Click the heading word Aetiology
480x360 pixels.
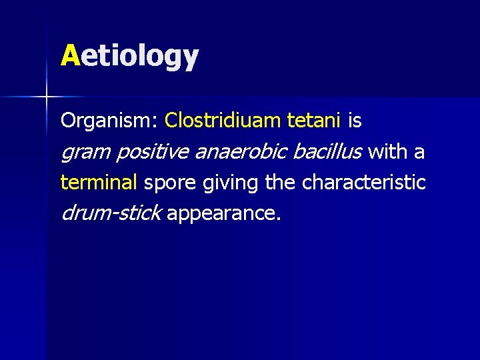point(130,56)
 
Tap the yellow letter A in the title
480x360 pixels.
point(70,55)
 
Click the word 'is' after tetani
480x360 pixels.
point(355,121)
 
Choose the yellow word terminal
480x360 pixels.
point(99,182)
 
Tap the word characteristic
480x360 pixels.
point(364,182)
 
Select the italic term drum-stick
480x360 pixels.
point(111,213)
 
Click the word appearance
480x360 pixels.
point(224,214)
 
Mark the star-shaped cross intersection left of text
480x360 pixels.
point(46,97)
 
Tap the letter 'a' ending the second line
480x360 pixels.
point(419,153)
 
